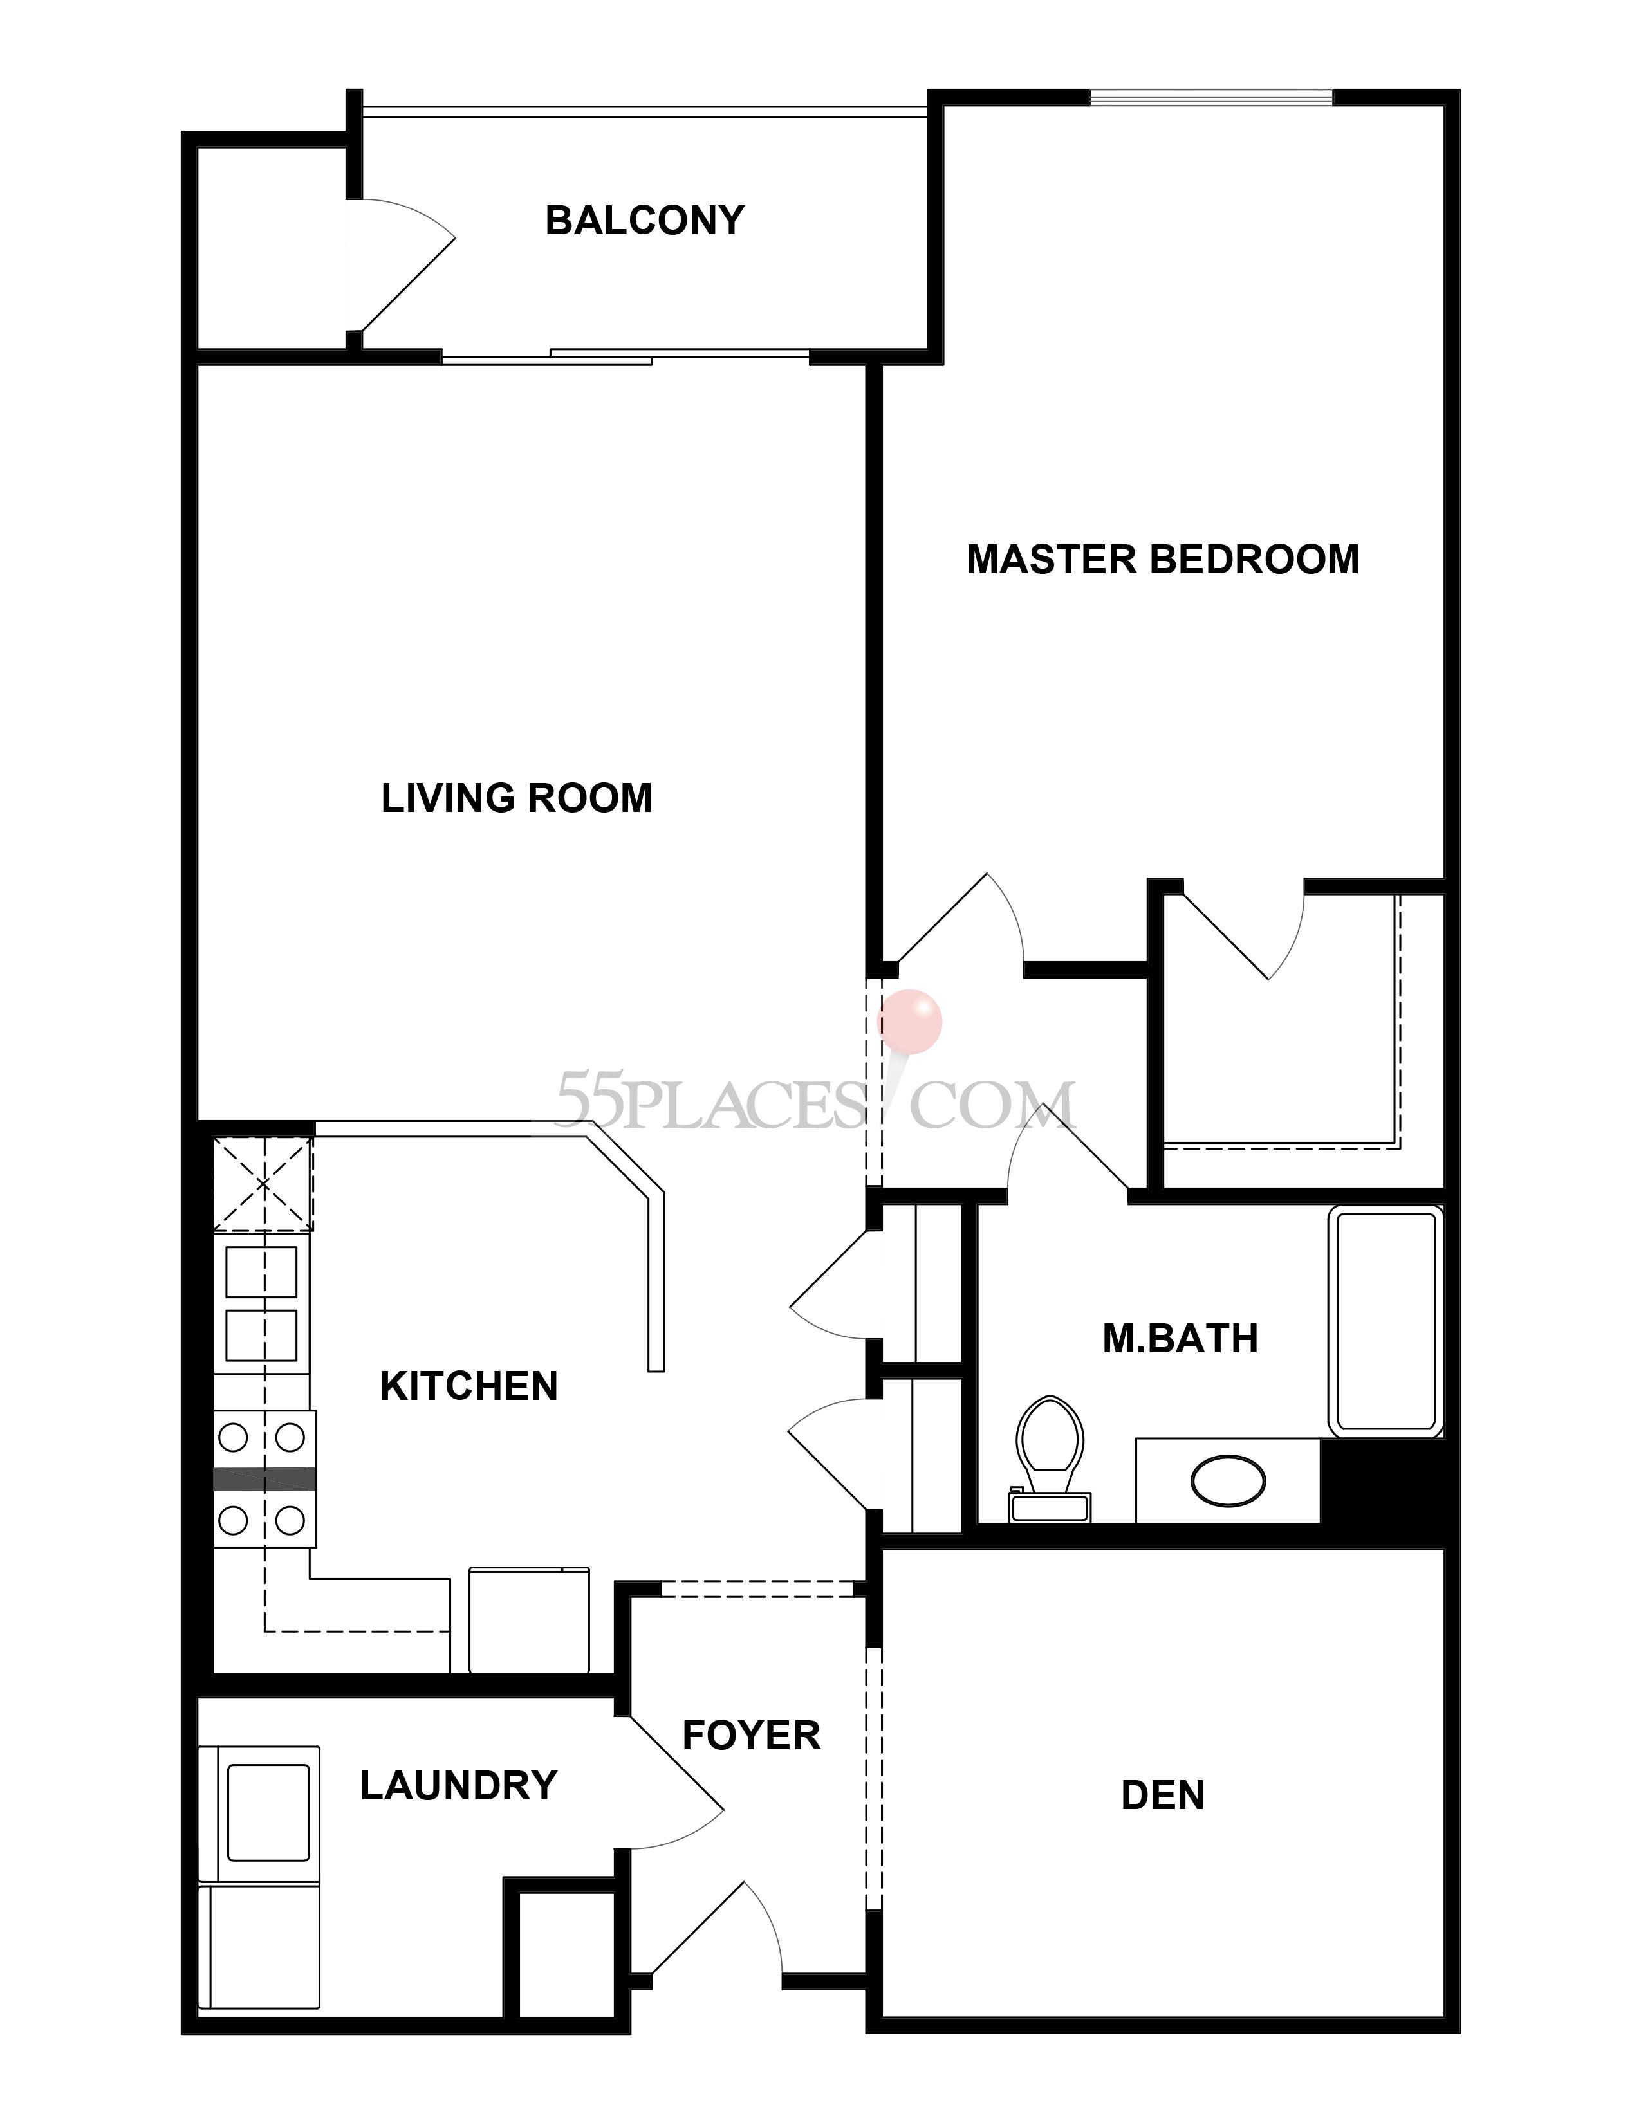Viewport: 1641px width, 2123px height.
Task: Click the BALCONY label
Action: [x=645, y=221]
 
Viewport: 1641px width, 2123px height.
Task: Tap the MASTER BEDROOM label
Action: [x=1163, y=560]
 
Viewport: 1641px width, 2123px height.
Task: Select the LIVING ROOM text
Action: [x=516, y=798]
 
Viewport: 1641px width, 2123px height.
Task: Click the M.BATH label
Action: [x=1180, y=1339]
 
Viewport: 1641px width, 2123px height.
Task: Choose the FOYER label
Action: [x=752, y=1735]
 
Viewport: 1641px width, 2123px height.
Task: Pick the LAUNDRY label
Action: [x=459, y=1786]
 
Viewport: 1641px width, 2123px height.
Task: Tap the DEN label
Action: [x=1163, y=1796]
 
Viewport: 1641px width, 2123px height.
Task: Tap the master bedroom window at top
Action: [x=1211, y=97]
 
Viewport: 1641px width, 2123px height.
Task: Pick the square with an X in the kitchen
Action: [x=263, y=1184]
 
